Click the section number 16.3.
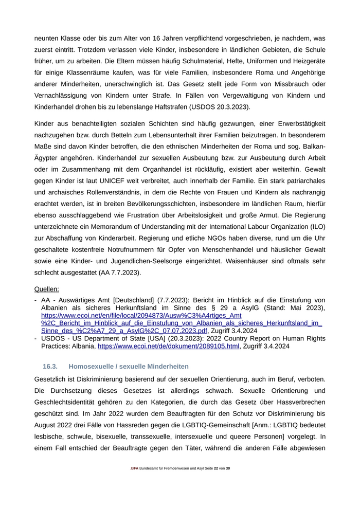[50, 367]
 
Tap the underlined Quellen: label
[46, 289]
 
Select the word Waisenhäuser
[255, 261]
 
